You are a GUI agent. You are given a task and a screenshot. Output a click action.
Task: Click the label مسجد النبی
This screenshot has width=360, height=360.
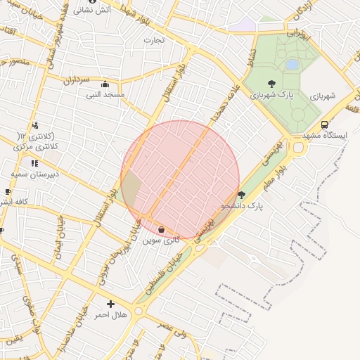[105, 94]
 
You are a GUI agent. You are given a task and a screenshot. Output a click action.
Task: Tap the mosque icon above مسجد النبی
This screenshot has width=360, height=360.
[105, 84]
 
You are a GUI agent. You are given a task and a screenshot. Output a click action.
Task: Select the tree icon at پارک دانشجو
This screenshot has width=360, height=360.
[242, 195]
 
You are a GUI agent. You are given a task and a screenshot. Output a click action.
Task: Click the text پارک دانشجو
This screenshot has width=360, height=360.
[241, 206]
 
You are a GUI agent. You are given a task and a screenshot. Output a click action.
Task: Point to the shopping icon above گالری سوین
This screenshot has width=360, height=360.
[162, 229]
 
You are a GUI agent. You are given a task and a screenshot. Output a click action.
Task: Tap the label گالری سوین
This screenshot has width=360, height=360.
[161, 240]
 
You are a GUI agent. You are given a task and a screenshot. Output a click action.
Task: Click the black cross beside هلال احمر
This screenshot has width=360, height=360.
[110, 304]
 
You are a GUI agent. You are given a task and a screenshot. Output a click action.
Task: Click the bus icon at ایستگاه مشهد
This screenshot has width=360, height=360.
[324, 124]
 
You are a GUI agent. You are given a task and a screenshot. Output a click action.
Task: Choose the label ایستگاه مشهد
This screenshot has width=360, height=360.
[325, 135]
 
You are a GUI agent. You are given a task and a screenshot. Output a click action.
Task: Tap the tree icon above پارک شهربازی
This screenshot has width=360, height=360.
[271, 84]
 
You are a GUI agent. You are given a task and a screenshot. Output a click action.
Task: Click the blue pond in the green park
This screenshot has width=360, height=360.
[292, 65]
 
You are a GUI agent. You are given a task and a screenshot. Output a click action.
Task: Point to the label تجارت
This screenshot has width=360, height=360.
[154, 40]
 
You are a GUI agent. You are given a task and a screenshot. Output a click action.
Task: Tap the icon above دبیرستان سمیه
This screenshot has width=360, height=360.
[34, 163]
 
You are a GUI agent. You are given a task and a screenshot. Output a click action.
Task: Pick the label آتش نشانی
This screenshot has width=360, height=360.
[92, 11]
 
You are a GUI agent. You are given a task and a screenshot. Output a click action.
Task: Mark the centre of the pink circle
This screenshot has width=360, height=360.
[180, 180]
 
